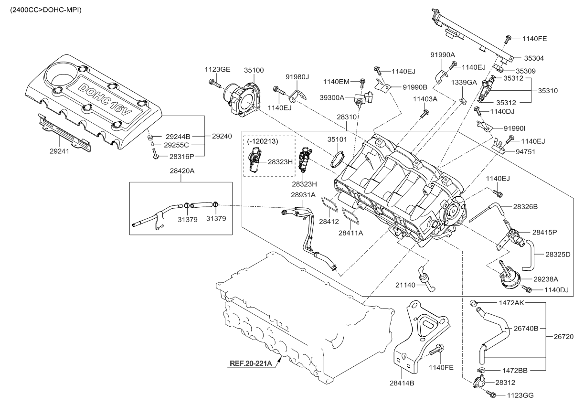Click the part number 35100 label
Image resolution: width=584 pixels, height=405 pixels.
click(x=254, y=70)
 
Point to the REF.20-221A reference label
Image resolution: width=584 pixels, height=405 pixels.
click(x=251, y=363)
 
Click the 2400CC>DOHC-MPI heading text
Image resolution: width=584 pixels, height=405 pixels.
click(x=43, y=10)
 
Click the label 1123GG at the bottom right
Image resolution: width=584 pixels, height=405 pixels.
click(x=520, y=395)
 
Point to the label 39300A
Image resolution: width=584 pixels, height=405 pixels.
click(x=332, y=97)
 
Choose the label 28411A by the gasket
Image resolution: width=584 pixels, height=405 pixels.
click(x=351, y=233)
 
